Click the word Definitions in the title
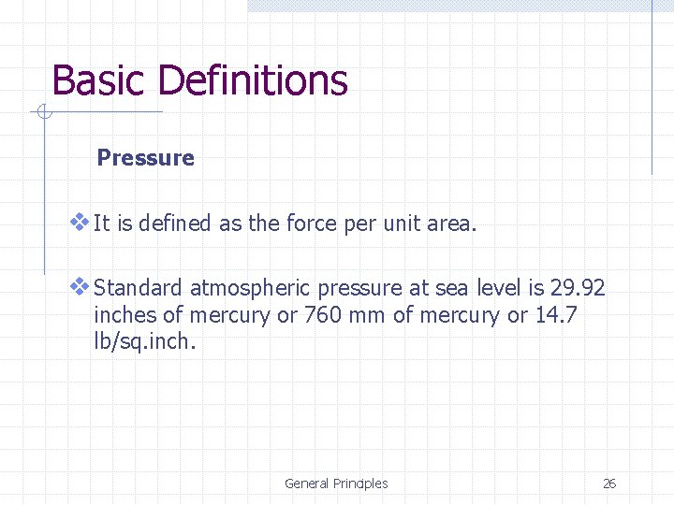253,81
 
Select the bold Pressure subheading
146,158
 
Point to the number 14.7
556,315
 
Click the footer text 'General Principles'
336,483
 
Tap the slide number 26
609,483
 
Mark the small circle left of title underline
42,113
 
